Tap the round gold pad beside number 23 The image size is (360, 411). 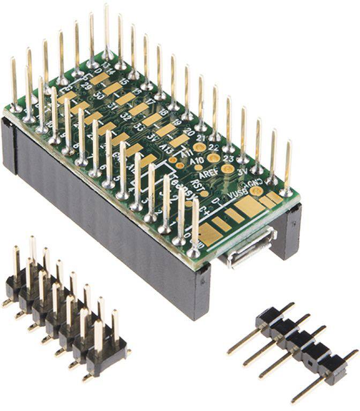213,158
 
